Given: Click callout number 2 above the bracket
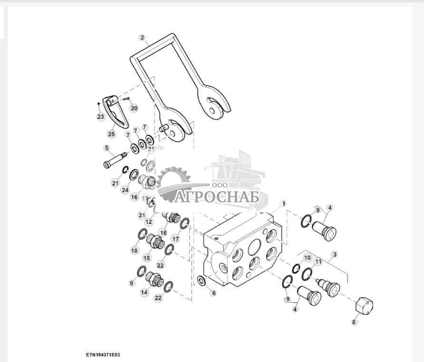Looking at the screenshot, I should [x=142, y=37].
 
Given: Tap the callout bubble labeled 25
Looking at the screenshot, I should [x=111, y=134].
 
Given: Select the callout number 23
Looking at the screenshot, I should [x=100, y=117].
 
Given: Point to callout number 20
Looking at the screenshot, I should [x=134, y=108].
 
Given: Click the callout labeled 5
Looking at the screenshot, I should [x=107, y=148].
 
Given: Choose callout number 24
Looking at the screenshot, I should [x=125, y=190].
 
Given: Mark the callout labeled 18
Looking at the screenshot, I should [x=134, y=251].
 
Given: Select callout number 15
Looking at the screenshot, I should [x=147, y=257].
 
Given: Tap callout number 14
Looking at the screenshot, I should [x=144, y=293].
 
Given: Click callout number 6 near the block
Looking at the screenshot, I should [x=213, y=293].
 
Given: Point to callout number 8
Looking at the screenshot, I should [x=354, y=322].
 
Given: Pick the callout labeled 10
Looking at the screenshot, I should [x=307, y=258].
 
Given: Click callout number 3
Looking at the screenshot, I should [x=335, y=254].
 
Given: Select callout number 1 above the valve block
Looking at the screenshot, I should [x=284, y=203].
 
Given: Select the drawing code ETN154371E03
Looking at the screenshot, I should [x=103, y=354].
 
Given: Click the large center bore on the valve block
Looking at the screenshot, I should [x=255, y=246].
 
